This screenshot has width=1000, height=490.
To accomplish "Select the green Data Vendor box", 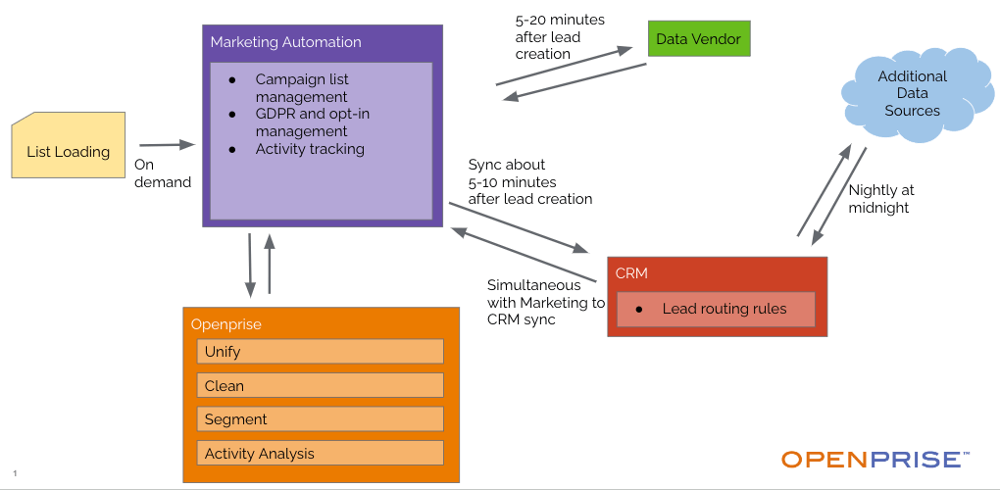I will click(699, 39).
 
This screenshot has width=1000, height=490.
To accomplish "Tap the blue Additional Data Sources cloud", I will click(912, 93).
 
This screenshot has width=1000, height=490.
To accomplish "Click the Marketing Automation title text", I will click(285, 42).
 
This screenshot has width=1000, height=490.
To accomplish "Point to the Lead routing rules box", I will click(715, 309).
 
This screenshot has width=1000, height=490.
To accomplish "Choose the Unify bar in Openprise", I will click(321, 351).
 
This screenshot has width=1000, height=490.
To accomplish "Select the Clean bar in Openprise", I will click(321, 385).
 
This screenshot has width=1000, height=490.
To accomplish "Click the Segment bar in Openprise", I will click(321, 418).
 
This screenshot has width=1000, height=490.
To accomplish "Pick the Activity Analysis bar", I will click(321, 453).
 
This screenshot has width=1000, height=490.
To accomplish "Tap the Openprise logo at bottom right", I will click(875, 459).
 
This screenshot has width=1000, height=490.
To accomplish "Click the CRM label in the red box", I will click(631, 273).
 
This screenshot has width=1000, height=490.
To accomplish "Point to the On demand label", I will click(162, 173).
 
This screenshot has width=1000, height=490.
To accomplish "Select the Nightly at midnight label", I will click(880, 199).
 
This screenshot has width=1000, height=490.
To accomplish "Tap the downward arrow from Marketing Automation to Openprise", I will click(250, 264).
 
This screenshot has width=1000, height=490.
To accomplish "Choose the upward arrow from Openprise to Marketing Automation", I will click(270, 264).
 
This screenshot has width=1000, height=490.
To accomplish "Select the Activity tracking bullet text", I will click(310, 149).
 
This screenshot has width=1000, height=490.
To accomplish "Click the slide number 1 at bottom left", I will click(15, 473).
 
